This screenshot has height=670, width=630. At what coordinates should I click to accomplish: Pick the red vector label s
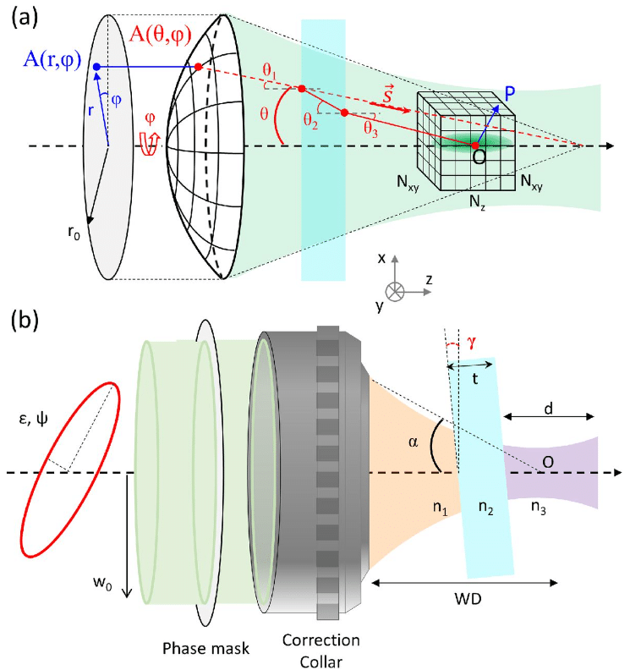pyautogui.click(x=391, y=94)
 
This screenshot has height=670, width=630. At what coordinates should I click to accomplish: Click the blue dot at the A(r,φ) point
pyautogui.click(x=96, y=67)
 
